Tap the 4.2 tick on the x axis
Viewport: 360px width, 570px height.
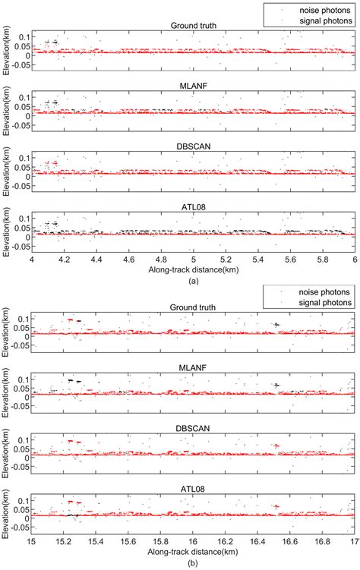64,260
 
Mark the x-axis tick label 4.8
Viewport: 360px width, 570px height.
161,260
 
